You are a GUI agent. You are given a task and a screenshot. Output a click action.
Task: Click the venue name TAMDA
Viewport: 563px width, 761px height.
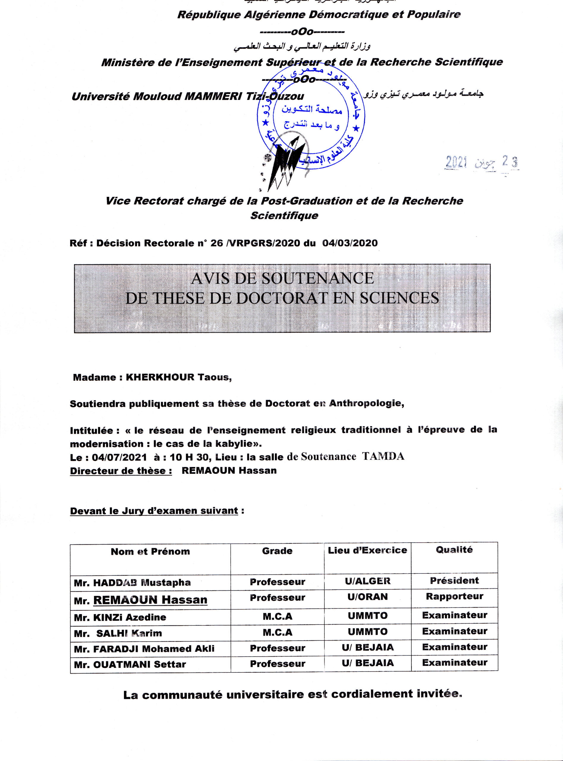coord(383,456)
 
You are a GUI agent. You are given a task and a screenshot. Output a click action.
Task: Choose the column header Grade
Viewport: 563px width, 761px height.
coord(277,551)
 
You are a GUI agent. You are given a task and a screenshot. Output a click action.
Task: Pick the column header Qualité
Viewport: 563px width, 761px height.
coord(454,550)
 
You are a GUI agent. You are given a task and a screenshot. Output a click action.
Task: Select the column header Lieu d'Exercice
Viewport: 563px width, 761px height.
coord(367,551)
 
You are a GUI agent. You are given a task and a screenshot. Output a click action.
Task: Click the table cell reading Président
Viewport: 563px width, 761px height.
coord(454,581)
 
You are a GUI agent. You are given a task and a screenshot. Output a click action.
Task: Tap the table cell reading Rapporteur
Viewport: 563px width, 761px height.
coord(454,596)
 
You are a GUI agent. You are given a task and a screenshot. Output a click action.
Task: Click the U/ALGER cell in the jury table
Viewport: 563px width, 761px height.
coord(367,581)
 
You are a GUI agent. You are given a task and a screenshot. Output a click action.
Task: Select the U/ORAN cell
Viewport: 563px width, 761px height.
coord(367,597)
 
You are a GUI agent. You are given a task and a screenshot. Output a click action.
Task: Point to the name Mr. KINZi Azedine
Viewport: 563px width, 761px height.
coord(120,617)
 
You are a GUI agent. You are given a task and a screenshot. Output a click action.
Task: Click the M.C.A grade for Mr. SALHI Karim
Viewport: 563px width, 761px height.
coord(277,633)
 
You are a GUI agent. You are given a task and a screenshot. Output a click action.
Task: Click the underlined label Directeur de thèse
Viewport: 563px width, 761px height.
coord(121,471)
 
